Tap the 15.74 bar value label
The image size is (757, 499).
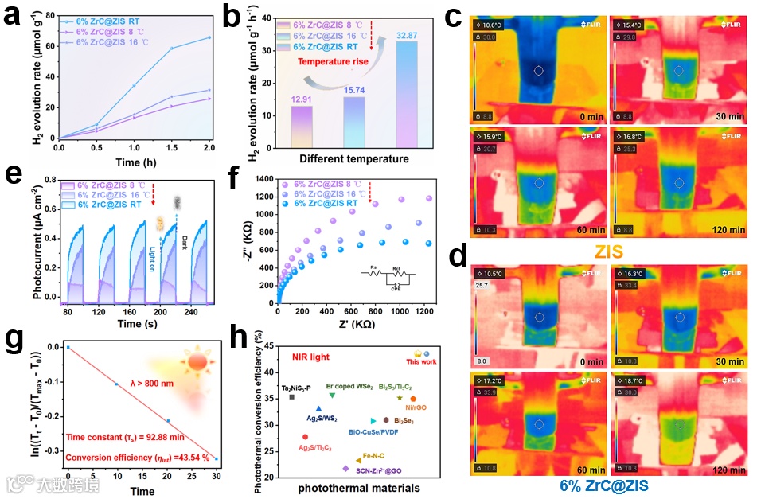click(353, 91)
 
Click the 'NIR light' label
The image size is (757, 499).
click(309, 357)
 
